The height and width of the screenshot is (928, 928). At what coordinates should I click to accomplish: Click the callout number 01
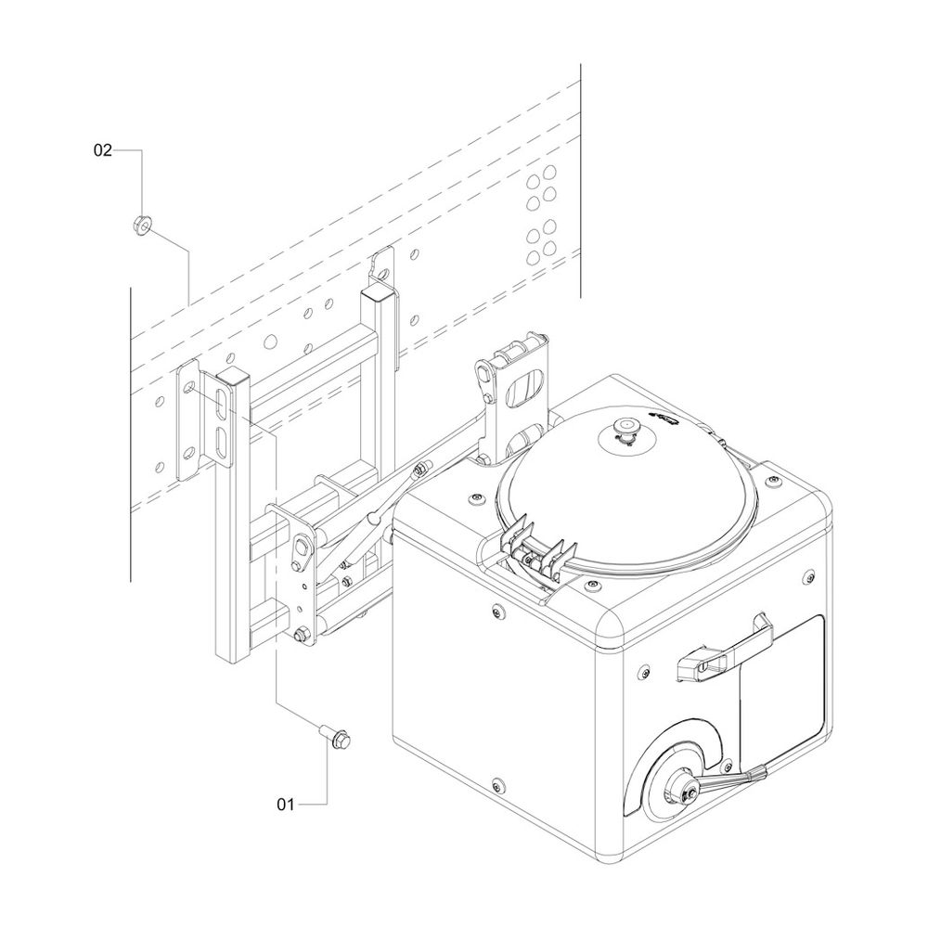[285, 805]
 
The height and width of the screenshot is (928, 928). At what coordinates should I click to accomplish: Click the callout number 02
[102, 150]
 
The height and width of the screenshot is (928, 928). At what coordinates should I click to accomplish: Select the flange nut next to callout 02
[141, 225]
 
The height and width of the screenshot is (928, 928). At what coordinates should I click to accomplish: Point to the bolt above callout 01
[336, 737]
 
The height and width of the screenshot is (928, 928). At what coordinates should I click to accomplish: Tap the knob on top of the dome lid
[624, 427]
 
